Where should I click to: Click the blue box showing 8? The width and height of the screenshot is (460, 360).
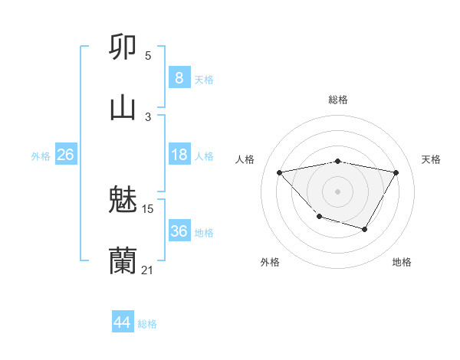coord(179,77)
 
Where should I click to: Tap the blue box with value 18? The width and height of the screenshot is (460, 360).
coord(179,155)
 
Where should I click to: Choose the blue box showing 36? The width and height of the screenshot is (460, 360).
coord(179,231)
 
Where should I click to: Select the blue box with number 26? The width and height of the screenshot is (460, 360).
coord(65,155)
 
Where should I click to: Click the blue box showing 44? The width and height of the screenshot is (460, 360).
coord(122,322)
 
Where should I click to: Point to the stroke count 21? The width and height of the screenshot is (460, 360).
coord(147,270)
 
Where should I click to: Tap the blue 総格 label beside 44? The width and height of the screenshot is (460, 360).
coord(147,324)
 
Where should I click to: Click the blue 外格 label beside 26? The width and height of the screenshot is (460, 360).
coord(41,156)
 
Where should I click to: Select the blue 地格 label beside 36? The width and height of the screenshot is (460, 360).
coord(204,233)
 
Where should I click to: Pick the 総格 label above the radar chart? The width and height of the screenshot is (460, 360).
coord(337,100)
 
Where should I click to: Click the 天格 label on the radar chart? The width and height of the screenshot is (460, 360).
coord(431,159)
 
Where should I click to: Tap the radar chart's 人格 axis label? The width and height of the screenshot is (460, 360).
coord(245,159)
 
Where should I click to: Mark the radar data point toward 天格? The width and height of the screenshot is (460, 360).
coord(396,172)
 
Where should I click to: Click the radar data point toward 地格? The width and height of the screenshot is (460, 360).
coord(365,229)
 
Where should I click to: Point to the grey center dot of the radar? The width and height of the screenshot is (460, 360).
coord(337,191)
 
